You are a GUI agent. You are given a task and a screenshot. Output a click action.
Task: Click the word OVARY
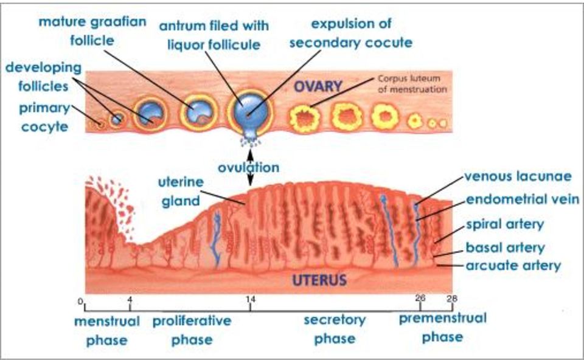318,86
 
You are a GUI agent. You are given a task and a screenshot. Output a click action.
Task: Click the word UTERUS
319,280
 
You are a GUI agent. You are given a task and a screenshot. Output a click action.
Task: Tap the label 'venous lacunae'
518,176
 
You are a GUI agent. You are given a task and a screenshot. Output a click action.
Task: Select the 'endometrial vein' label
523,199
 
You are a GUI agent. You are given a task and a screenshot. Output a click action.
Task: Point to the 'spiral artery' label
505,224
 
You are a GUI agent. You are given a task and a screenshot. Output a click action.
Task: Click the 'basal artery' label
506,247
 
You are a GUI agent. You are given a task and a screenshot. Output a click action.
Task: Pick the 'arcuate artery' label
513,266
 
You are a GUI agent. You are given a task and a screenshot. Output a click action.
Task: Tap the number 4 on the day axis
130,299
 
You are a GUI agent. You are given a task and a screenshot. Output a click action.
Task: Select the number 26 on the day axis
420,298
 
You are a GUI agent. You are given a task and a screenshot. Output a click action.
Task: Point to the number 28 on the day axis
452,298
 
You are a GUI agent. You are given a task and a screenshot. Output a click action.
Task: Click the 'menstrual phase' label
107,331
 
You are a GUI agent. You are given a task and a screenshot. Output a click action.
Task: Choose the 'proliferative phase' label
192,330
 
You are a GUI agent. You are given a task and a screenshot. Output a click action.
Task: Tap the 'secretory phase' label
335,329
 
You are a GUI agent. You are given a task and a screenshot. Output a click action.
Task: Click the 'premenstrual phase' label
442,328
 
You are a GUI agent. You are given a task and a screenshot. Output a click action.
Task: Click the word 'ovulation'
248,167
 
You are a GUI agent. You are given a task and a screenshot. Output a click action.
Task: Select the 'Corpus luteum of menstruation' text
412,84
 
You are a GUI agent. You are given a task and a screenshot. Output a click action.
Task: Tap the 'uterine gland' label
181,192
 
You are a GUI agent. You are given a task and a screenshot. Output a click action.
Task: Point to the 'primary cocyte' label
44,117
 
